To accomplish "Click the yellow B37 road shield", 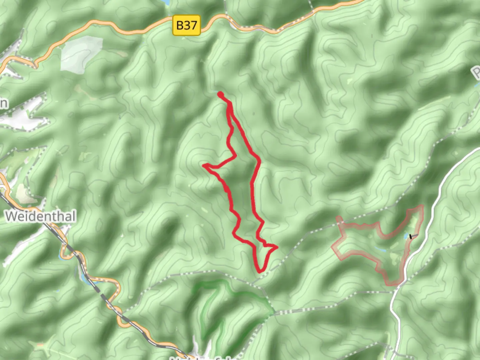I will [186, 25].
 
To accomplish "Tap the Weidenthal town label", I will [41, 216].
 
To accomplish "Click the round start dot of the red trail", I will [220, 94].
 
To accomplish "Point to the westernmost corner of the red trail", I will [204, 165].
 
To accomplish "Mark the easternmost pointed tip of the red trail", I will [277, 247].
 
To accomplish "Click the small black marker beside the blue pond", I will [411, 236].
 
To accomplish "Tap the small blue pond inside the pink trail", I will [405, 237].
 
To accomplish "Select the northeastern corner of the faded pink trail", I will [422, 206].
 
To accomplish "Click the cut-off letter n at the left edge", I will [3, 103].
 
